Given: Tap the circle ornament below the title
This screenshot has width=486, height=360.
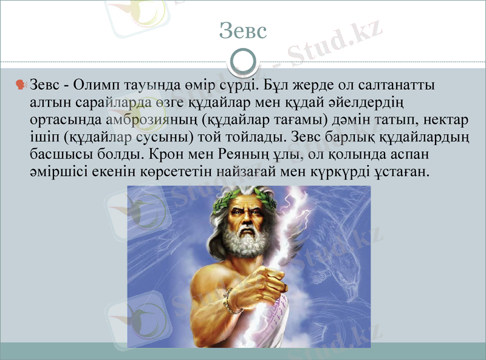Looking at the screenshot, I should click(x=243, y=61).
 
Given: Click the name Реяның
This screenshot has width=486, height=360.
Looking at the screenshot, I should click(x=250, y=152).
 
